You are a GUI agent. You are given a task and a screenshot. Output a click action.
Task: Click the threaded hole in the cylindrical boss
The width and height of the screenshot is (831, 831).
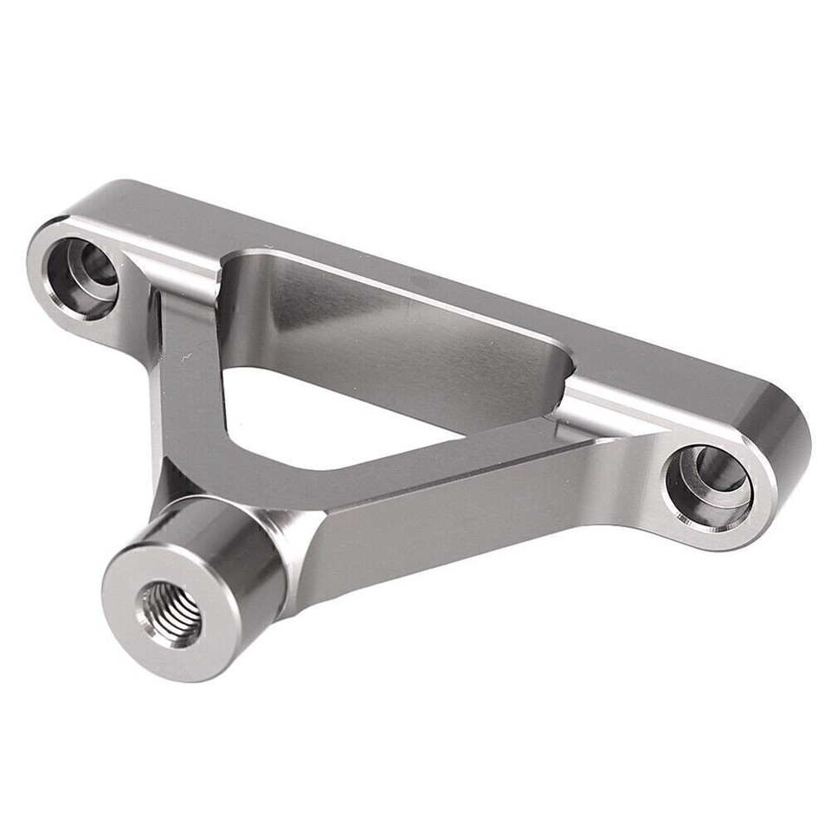click(171, 613)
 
